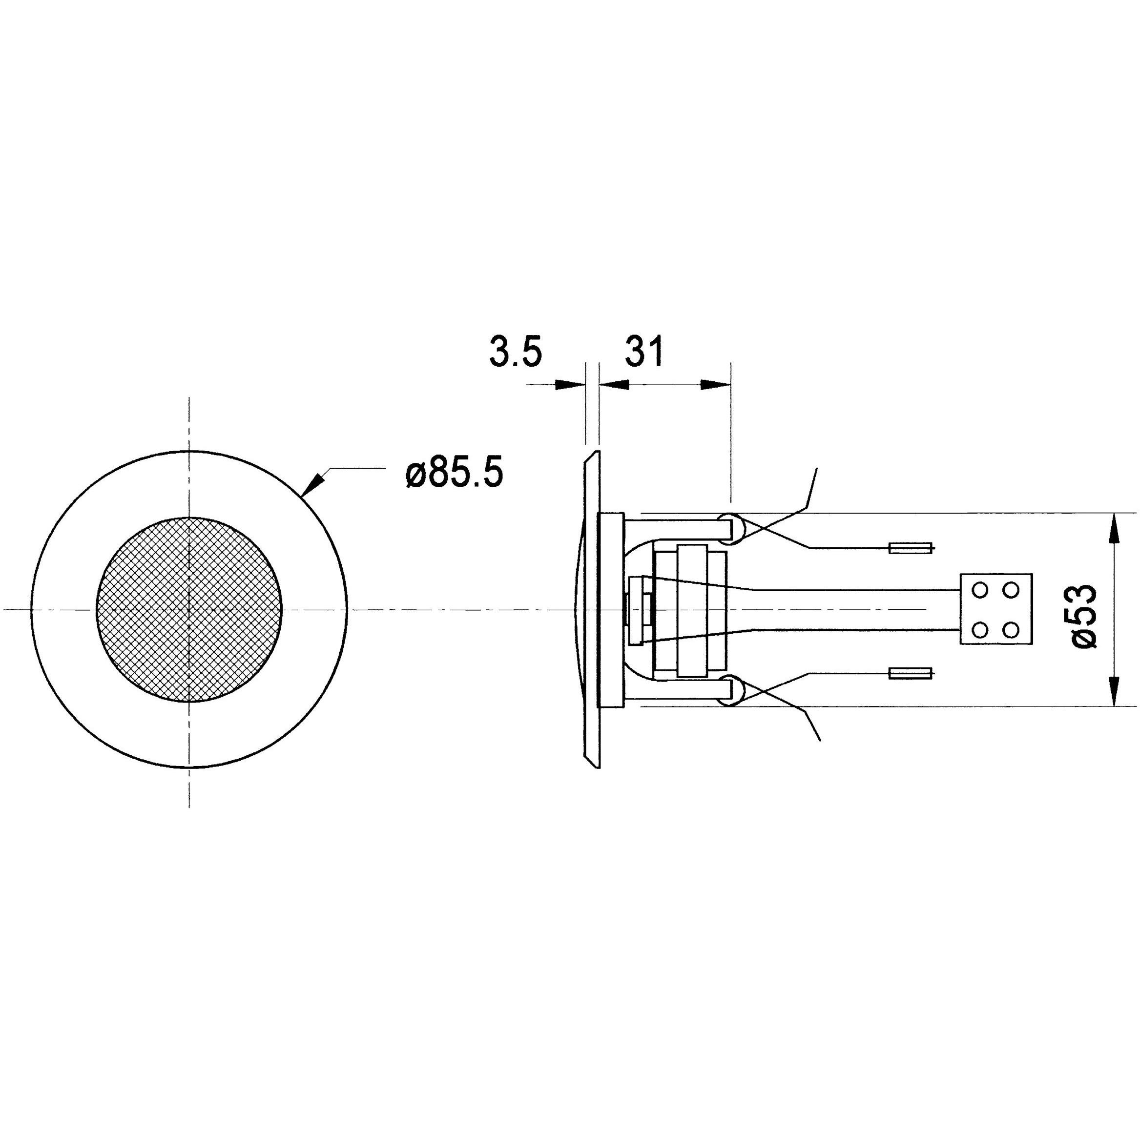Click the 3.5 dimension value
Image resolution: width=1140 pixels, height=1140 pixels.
click(515, 352)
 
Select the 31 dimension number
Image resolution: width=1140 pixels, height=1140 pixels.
click(644, 352)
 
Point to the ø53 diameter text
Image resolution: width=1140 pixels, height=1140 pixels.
click(1083, 616)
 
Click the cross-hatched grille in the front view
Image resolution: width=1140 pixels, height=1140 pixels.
click(189, 609)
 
